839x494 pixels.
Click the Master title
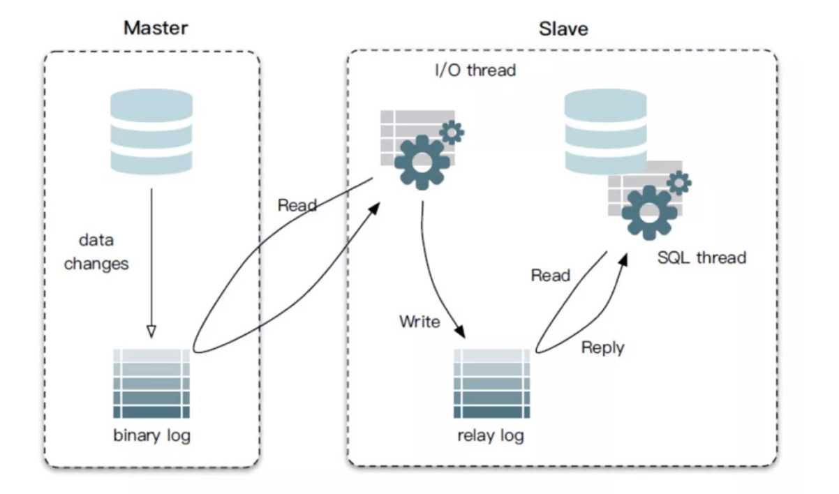coord(156,28)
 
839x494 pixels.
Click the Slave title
coord(563,29)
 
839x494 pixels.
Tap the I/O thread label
coord(475,70)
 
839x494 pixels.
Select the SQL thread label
coord(702,257)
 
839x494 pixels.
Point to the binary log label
coord(152,436)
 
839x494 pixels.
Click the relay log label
coord(491,436)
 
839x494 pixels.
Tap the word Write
coord(419,322)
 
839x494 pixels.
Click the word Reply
coord(602,348)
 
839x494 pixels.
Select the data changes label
coord(96,252)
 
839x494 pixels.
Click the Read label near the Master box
coord(297,205)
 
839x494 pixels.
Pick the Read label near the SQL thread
coord(551,276)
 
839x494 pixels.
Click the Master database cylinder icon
coord(151,131)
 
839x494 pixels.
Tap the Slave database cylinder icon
coord(606,131)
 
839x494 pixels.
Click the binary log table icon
coord(151,384)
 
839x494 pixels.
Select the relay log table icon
coord(492,384)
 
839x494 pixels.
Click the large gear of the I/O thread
coord(422,163)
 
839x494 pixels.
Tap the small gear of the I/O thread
coord(452,132)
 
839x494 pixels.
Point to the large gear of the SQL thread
coord(649,213)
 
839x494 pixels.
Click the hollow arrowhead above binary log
coord(151,332)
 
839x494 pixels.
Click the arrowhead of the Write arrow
coord(460,331)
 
